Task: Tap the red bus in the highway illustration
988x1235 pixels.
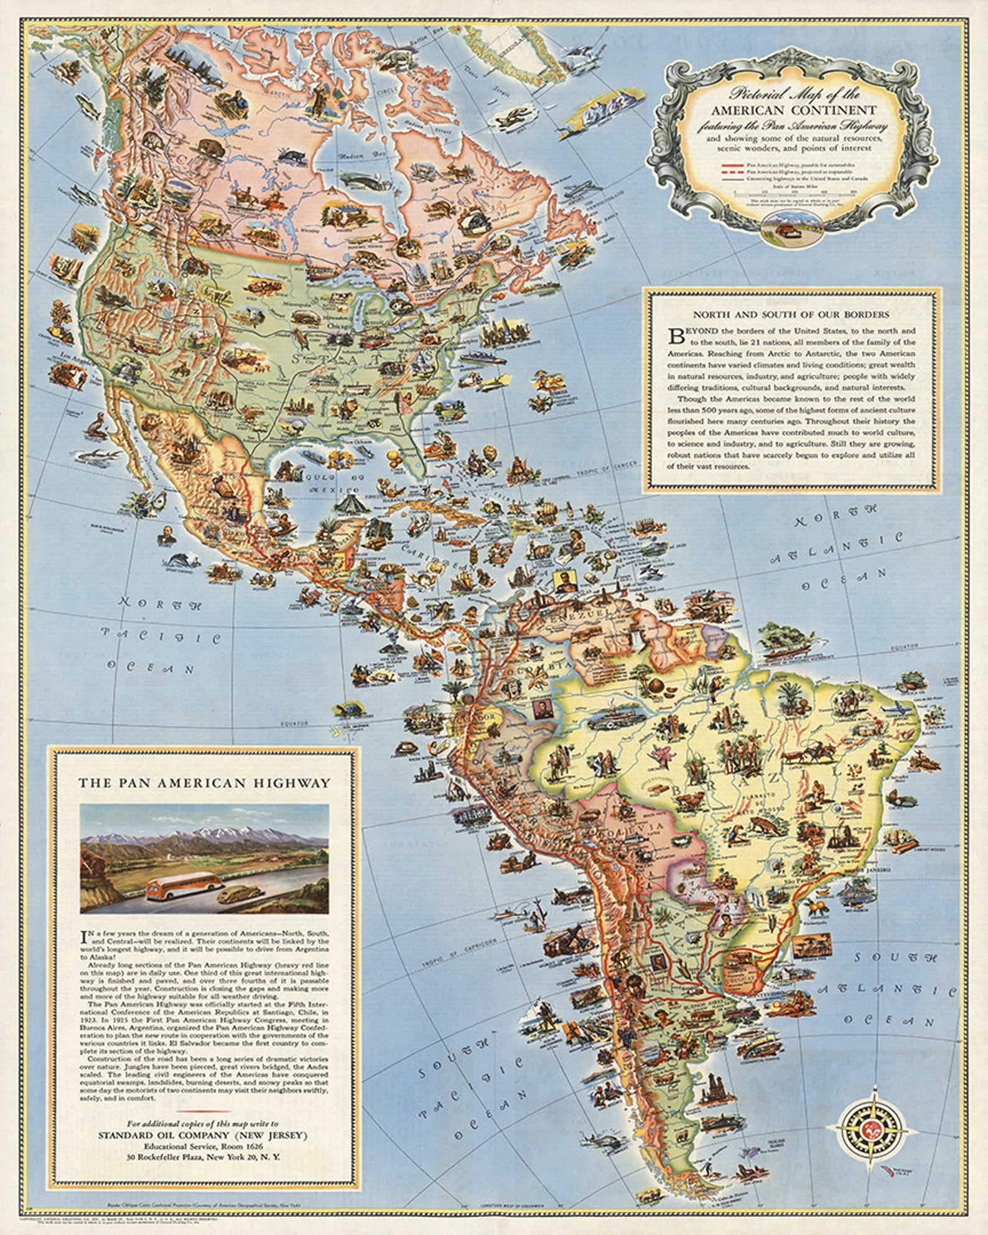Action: [x=185, y=885]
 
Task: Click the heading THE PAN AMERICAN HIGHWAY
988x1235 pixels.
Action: [x=204, y=783]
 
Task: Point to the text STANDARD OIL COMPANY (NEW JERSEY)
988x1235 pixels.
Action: [x=203, y=1135]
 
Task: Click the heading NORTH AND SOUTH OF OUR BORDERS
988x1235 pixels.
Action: [x=791, y=314]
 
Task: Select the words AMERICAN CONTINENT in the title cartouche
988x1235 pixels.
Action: [x=795, y=110]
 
